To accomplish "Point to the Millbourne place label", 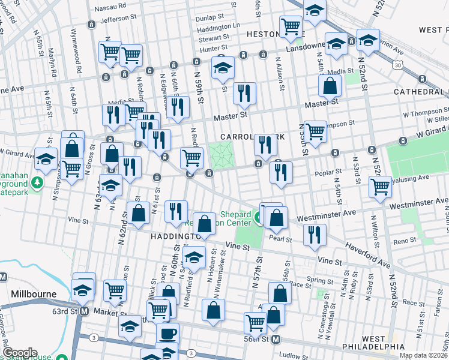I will coord(33,295).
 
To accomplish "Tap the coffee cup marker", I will coord(167,333).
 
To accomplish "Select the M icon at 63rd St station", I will coord(85,311).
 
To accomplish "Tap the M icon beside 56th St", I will coord(276,340).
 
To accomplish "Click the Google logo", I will coord(20,353).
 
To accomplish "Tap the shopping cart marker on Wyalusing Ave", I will coord(380,187).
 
